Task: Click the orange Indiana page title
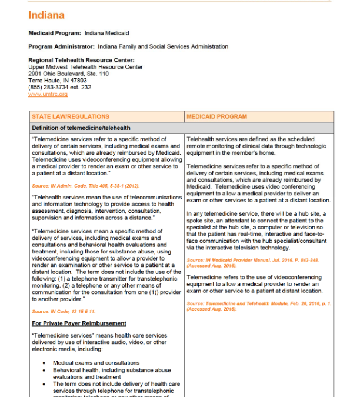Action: [x=46, y=15]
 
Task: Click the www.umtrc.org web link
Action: [x=48, y=94]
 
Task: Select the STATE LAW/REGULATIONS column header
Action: [x=70, y=116]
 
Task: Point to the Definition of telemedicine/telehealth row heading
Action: [x=81, y=128]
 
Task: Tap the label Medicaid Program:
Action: [x=55, y=33]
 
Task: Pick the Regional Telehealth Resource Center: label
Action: [x=81, y=60]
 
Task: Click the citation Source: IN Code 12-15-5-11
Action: [x=64, y=311]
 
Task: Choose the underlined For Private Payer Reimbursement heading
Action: [x=79, y=323]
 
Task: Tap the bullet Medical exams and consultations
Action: [x=96, y=363]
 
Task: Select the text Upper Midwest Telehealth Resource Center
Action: [x=85, y=67]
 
